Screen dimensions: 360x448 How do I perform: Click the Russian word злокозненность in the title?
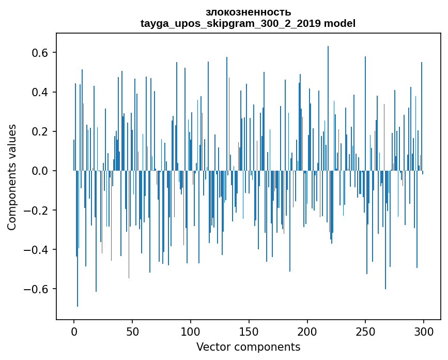[248, 12]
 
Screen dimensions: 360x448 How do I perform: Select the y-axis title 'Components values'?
[12, 177]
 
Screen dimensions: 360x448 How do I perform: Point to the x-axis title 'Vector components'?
[248, 347]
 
